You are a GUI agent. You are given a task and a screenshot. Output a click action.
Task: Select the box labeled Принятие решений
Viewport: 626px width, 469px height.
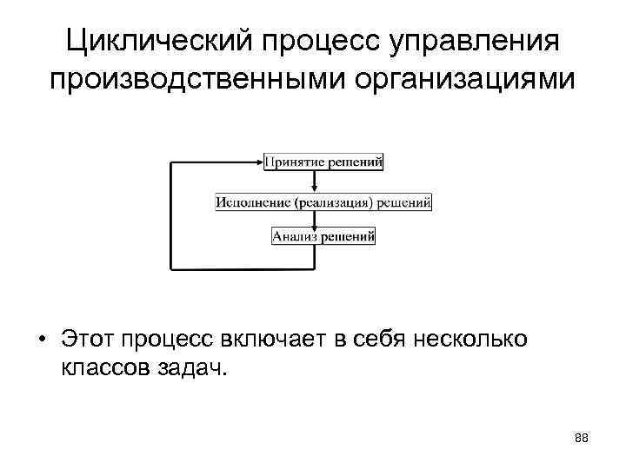323,162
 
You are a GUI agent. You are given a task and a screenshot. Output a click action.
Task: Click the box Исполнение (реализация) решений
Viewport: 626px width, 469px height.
323,203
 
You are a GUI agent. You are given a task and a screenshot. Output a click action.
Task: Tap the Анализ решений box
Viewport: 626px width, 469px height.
323,236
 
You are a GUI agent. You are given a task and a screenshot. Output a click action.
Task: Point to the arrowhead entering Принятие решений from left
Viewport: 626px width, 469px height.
258,162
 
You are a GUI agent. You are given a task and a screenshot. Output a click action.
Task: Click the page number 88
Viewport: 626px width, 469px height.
581,439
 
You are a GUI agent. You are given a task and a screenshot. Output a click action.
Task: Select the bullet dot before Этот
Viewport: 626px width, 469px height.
41,338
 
